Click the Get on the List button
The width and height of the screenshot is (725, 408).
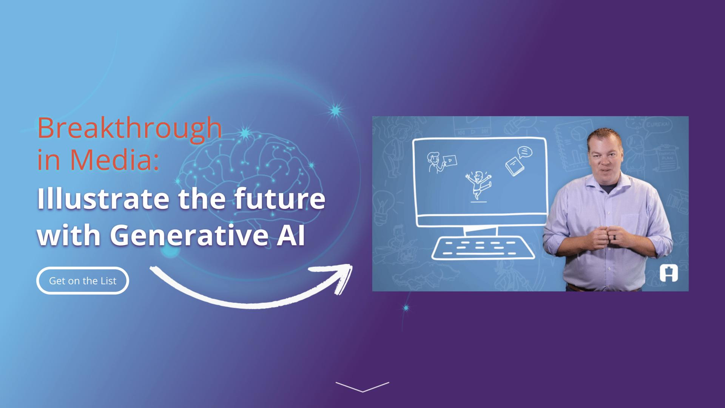click(x=83, y=281)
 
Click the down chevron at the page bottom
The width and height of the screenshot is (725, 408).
click(x=362, y=387)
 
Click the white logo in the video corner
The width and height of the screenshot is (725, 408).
click(x=669, y=273)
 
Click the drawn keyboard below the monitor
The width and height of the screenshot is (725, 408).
click(x=483, y=248)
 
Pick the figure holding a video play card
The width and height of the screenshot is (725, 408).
click(x=441, y=162)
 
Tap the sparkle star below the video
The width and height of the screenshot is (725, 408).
click(x=406, y=308)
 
